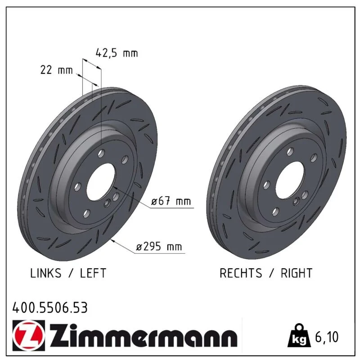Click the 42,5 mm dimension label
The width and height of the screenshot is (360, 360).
point(117,53)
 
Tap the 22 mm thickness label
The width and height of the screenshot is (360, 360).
point(57,70)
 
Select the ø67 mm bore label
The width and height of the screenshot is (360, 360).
point(171,201)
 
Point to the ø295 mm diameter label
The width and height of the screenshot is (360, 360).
point(159,247)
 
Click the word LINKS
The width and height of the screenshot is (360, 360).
point(46,273)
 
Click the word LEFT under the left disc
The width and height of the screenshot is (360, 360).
point(93,273)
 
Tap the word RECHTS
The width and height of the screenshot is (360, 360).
point(241,273)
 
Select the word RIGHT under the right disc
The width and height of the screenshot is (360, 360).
point(297,273)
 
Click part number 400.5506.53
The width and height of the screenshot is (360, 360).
point(50,308)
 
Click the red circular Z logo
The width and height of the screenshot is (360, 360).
point(29,335)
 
